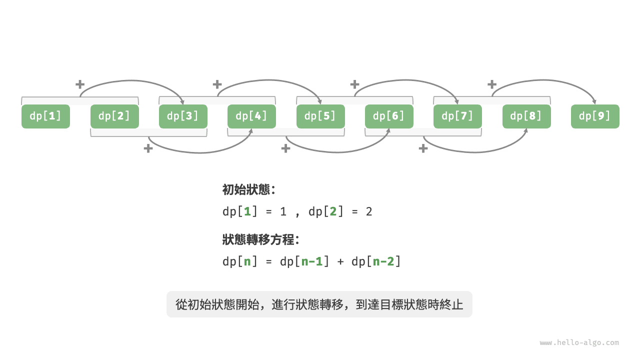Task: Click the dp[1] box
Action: (45, 116)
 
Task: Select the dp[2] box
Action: (114, 116)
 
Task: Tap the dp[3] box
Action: (183, 116)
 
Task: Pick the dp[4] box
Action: (251, 116)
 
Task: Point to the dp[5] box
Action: (320, 116)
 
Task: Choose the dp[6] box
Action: (389, 116)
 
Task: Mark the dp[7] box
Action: (457, 116)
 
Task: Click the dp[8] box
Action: (526, 116)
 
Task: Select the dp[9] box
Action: (595, 116)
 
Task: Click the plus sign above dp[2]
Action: (79, 84)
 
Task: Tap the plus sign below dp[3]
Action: (148, 148)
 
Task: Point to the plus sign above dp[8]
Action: (492, 84)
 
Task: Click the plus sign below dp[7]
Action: (423, 148)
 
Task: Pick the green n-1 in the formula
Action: (311, 261)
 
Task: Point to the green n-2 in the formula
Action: (383, 261)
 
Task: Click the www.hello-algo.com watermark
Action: (579, 343)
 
